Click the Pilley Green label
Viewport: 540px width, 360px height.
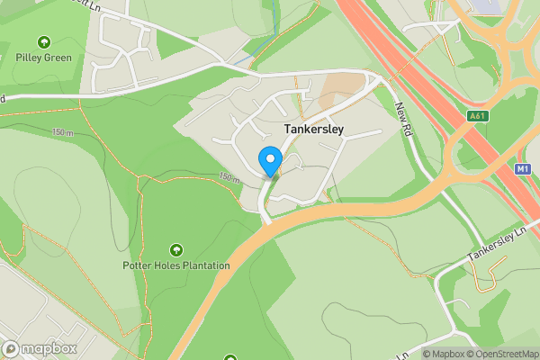click(x=43, y=58)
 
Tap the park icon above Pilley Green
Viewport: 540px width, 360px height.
click(x=43, y=42)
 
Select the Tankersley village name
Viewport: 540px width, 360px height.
click(x=314, y=130)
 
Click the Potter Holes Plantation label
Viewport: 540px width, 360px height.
click(x=176, y=265)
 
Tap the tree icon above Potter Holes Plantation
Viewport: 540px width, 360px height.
click(x=175, y=249)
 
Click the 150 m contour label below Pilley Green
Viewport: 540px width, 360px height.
click(x=63, y=132)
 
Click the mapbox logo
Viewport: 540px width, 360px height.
click(x=40, y=348)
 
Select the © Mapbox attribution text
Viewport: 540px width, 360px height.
click(x=444, y=354)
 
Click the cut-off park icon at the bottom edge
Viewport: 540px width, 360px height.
click(x=230, y=357)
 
